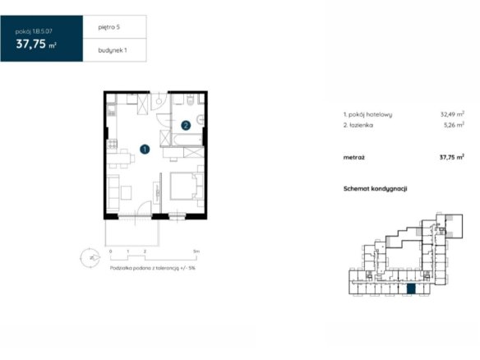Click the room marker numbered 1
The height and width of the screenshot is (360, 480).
point(145,150)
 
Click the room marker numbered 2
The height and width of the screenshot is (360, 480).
point(186,125)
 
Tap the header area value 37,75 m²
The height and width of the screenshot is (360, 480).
point(36,44)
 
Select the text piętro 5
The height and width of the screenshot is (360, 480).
point(109,27)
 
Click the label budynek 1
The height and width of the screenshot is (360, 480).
point(113,50)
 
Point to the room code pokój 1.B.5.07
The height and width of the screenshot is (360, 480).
point(34,31)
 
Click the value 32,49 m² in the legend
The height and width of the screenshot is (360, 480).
point(452,114)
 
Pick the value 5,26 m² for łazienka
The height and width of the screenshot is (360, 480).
point(454,125)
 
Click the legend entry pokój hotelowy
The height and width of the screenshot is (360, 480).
point(367,114)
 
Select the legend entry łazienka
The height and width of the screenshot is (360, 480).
point(358,125)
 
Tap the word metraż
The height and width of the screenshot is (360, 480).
point(354,158)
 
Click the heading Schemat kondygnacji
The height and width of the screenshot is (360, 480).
point(376,188)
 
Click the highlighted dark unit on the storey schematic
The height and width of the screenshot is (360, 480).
point(411,289)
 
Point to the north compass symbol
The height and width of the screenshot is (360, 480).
point(90,258)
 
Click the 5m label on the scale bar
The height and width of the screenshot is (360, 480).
point(196,252)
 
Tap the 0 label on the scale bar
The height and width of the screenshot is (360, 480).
point(110,252)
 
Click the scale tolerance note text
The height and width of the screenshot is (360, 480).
point(152,268)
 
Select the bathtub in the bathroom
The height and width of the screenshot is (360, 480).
point(187,140)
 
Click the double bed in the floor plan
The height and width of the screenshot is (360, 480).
point(187,186)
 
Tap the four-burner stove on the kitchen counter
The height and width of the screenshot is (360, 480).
point(112,144)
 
